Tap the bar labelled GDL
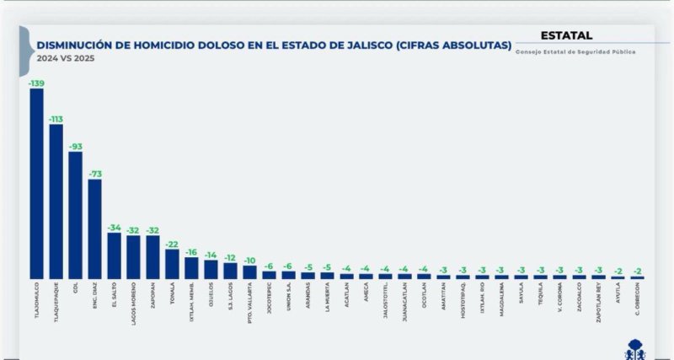(x=75, y=215)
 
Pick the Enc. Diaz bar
(x=94, y=228)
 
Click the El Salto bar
(x=114, y=255)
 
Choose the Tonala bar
(x=172, y=264)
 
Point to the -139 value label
(x=36, y=83)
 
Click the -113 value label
(x=56, y=119)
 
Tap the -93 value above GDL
(x=75, y=147)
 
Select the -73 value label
(x=94, y=174)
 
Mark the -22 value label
(x=172, y=244)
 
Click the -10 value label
(x=250, y=261)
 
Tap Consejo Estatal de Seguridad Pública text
(x=575, y=52)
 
